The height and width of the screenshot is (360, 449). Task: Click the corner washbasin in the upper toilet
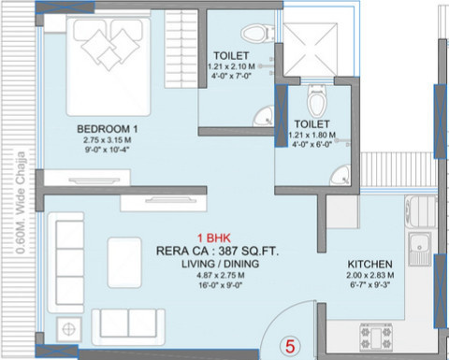coord(265,115)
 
